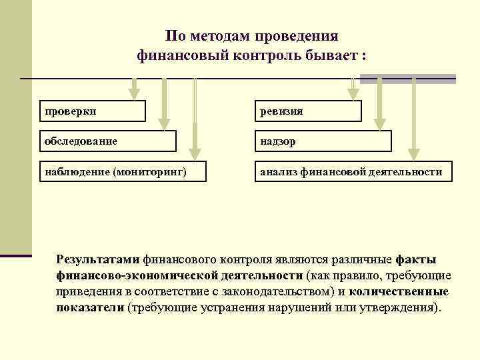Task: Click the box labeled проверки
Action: [x=91, y=111]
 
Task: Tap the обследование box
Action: [x=107, y=141]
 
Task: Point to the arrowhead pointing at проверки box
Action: [x=135, y=93]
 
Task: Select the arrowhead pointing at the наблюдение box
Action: [x=195, y=153]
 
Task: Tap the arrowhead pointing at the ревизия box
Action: [x=351, y=93]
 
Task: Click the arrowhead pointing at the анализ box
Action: [x=413, y=153]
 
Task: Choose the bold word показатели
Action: [x=90, y=309]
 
